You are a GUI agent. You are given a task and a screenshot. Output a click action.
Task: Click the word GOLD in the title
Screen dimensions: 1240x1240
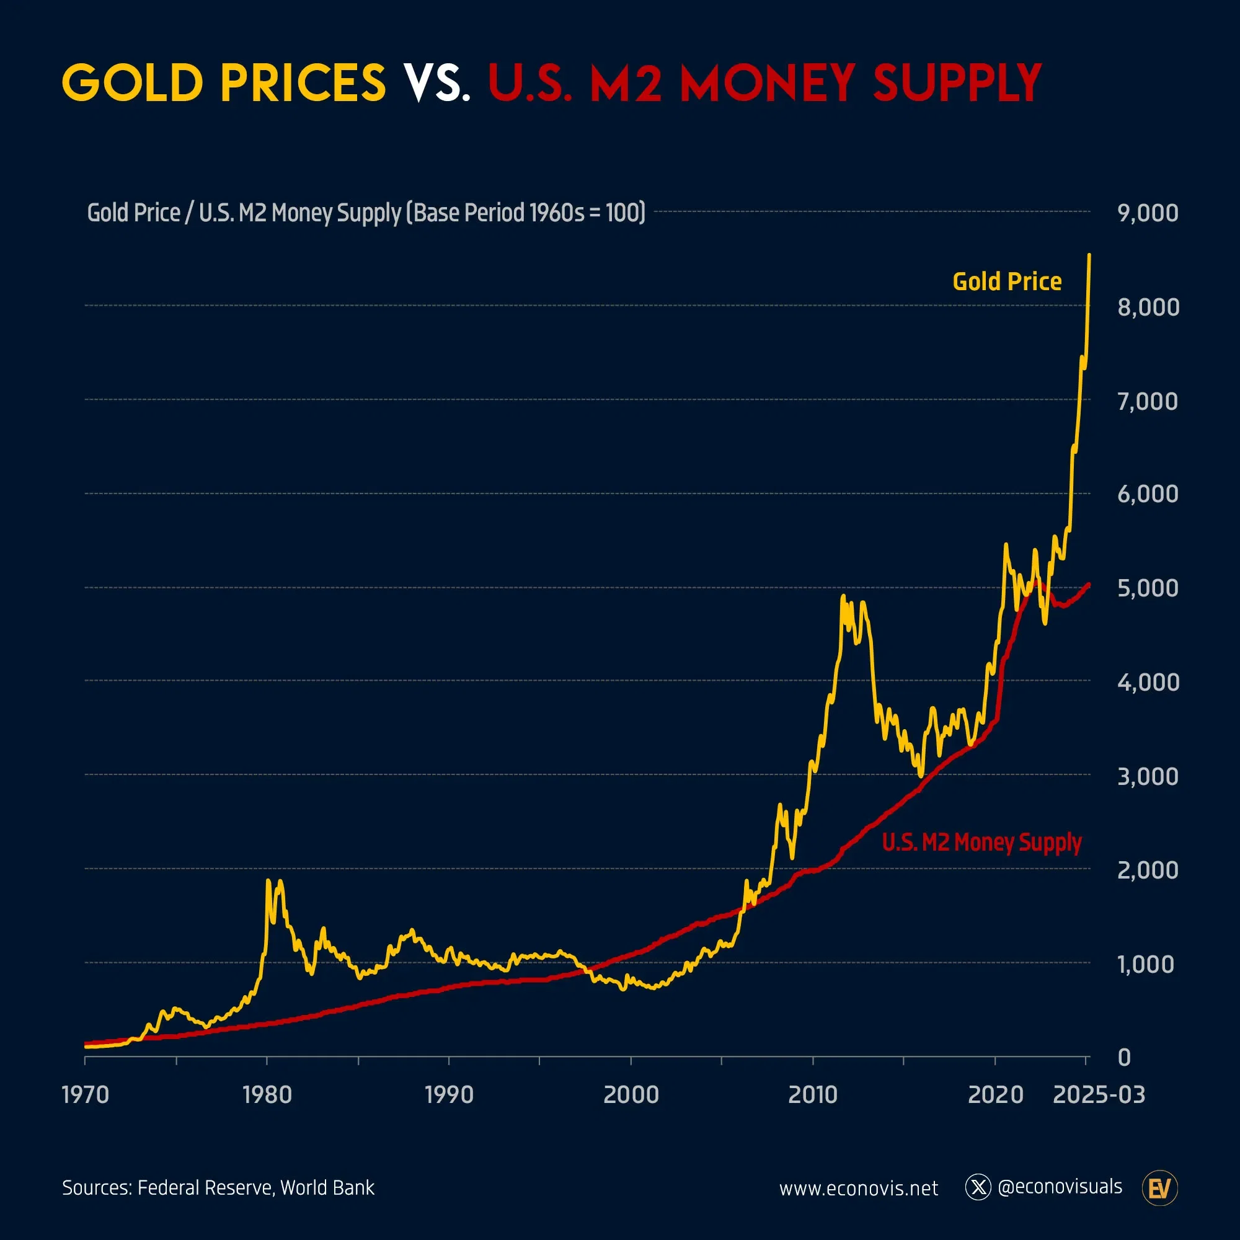[132, 84]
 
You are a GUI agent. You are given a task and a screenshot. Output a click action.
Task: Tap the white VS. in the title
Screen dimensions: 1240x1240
[436, 84]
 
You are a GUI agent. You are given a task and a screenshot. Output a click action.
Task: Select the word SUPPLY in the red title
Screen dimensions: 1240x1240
[957, 84]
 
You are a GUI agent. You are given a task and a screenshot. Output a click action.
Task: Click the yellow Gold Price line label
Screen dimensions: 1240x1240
[1006, 281]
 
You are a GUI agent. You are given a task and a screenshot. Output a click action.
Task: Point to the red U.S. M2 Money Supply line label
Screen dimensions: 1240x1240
[981, 842]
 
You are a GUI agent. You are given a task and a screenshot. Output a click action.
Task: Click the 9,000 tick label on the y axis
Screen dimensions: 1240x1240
[1148, 213]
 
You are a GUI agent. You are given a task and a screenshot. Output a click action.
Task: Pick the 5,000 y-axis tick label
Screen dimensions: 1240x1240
[1148, 588]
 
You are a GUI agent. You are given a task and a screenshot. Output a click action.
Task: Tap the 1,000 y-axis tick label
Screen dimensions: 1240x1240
[1146, 964]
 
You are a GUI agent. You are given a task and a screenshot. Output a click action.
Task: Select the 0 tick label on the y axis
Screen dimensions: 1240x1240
[1124, 1058]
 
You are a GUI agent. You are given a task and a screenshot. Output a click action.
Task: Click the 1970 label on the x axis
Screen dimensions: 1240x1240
[86, 1095]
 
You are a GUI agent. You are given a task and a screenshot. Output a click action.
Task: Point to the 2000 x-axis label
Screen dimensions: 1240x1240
[631, 1095]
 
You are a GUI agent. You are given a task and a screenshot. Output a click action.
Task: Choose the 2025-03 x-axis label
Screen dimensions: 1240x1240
[1099, 1095]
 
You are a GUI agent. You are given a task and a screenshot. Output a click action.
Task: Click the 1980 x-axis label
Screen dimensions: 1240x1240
[267, 1095]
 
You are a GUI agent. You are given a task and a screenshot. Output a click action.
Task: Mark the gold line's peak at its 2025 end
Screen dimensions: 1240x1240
[1089, 256]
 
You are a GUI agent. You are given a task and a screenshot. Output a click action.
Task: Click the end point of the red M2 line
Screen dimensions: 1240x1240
[1089, 585]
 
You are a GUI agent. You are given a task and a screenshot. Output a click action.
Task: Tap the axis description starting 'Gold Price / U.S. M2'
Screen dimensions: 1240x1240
[366, 213]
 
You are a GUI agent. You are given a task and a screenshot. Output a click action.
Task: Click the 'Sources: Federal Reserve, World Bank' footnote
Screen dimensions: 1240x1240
[218, 1188]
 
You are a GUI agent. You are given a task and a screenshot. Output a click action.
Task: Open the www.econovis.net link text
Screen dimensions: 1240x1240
[858, 1189]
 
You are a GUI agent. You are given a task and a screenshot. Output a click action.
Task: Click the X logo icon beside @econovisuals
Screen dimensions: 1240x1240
[978, 1187]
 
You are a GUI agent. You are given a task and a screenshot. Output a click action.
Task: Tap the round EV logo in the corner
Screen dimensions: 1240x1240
[1160, 1189]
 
